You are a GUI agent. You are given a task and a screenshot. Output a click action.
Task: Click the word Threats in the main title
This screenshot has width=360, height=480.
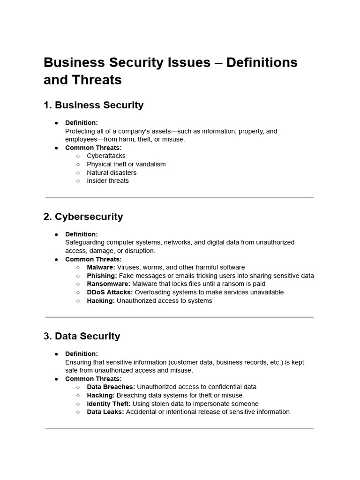click(x=96, y=80)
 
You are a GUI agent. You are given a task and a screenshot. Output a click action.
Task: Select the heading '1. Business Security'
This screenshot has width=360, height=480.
click(x=93, y=105)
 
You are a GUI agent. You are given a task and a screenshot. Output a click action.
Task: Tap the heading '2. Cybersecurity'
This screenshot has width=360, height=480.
click(x=83, y=217)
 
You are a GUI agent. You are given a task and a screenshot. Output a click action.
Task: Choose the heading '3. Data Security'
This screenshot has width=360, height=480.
click(x=82, y=336)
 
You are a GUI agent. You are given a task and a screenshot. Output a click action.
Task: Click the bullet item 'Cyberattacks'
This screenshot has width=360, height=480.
click(x=106, y=156)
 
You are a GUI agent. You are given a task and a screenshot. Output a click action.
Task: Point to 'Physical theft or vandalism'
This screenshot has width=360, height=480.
click(x=126, y=164)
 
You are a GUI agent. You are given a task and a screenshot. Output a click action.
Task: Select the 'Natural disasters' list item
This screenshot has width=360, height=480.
click(x=112, y=172)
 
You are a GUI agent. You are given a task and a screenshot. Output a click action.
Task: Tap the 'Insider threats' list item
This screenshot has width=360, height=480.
click(x=107, y=180)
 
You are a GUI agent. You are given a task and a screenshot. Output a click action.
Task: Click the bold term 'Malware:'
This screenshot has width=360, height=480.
click(x=101, y=267)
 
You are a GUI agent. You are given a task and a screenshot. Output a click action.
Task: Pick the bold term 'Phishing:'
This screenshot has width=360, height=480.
click(x=102, y=276)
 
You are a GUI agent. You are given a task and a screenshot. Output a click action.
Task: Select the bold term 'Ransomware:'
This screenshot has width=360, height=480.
click(x=108, y=284)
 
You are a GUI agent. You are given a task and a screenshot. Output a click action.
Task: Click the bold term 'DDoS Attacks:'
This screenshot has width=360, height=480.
click(x=110, y=292)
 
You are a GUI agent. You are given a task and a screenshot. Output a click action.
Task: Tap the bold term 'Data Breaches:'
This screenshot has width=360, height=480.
click(x=111, y=387)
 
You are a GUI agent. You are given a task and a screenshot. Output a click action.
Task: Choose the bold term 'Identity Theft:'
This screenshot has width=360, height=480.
click(x=109, y=404)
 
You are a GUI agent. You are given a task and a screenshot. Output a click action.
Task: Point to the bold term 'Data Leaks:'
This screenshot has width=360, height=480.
click(x=105, y=412)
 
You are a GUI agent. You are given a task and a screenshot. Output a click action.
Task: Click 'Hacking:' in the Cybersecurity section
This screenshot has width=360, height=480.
click(x=101, y=300)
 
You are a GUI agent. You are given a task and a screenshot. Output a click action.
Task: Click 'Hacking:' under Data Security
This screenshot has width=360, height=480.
click(x=101, y=395)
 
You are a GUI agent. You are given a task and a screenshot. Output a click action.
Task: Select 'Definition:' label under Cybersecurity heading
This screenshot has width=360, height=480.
click(x=81, y=234)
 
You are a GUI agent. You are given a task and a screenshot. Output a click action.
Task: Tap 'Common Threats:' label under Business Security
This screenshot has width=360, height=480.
click(x=93, y=148)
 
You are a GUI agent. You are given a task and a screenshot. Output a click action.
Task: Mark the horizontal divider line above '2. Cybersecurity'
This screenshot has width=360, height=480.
click(x=180, y=197)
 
